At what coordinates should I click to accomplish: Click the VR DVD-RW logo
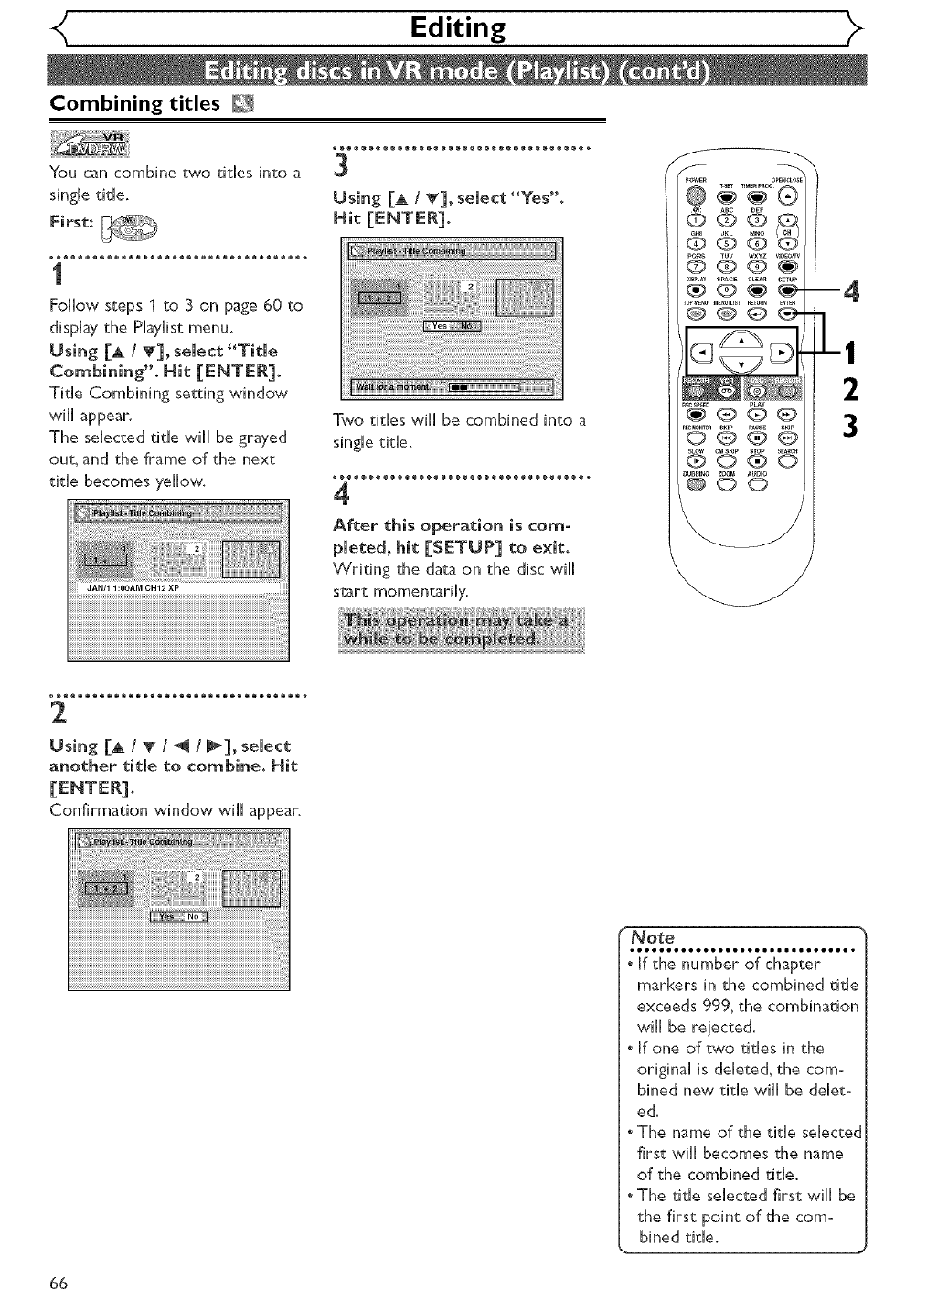point(91,143)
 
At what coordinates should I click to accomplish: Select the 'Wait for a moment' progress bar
point(485,386)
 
